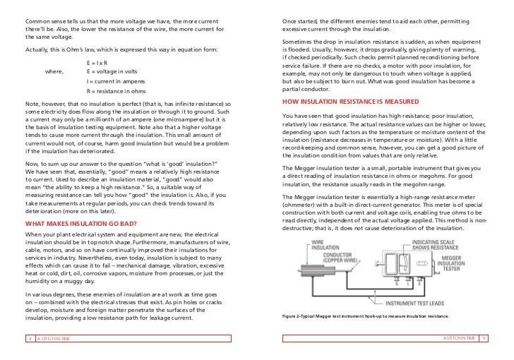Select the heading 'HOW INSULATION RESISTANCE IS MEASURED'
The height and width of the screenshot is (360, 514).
[x=342, y=101]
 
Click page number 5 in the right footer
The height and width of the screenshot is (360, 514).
[x=484, y=339]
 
